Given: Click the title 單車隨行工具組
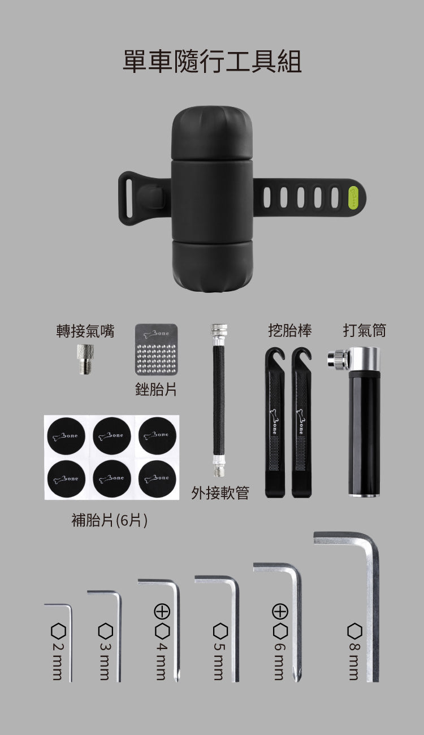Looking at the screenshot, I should coord(212,61).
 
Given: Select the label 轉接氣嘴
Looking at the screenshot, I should coord(85,331).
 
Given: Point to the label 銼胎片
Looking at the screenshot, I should coord(155,389).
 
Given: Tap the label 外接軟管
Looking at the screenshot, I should coord(220,493).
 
